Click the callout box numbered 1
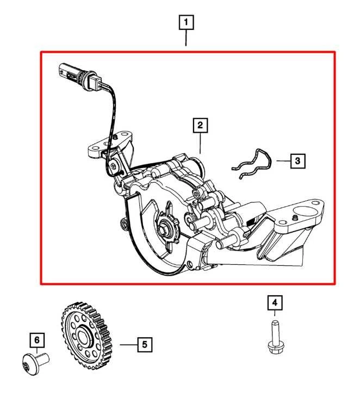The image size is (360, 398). coord(187,22)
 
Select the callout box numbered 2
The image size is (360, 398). coord(200,126)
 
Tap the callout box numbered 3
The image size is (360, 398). coord(297,161)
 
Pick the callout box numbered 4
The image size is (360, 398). coord(275,302)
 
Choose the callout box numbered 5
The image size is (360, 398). coord(144,344)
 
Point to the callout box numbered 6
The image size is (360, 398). coord(37,341)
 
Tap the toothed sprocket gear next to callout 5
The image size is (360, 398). coord(86,335)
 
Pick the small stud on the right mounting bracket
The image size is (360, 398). coord(294,218)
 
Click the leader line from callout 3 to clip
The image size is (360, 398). coord(282,161)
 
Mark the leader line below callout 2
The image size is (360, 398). coord(200,144)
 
